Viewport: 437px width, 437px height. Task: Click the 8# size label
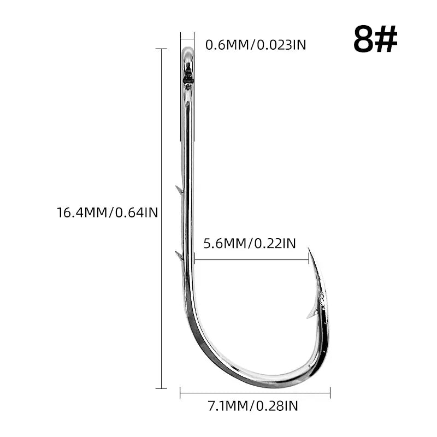pos(375,39)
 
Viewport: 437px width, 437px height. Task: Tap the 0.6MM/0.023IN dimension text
pos(256,45)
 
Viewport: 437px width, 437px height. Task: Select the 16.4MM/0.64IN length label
pos(108,212)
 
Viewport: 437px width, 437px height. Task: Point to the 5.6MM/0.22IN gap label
pos(250,243)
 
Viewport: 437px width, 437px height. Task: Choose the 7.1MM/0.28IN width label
pos(253,406)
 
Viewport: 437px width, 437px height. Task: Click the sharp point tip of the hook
pos(309,248)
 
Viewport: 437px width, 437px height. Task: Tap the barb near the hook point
pos(311,314)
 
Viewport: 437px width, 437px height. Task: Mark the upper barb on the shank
pos(179,190)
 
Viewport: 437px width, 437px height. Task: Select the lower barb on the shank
pos(179,255)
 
